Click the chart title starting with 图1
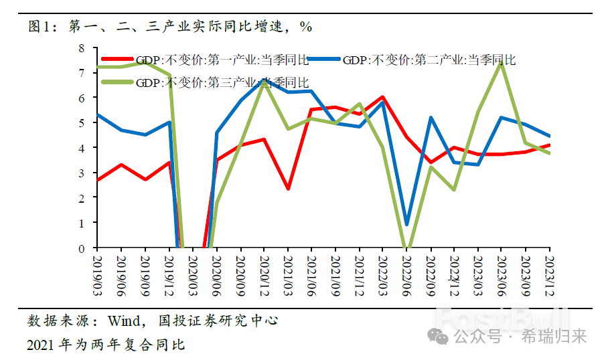[x=171, y=27]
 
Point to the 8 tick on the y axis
[x=81, y=48]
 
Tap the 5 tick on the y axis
[x=81, y=123]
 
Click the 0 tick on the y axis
[x=81, y=248]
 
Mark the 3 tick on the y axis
[x=81, y=173]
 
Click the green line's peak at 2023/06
[x=501, y=62]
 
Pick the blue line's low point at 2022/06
[x=406, y=224]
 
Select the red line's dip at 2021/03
[x=287, y=189]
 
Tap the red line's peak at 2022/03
[x=382, y=97]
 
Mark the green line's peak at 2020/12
[x=263, y=82]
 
